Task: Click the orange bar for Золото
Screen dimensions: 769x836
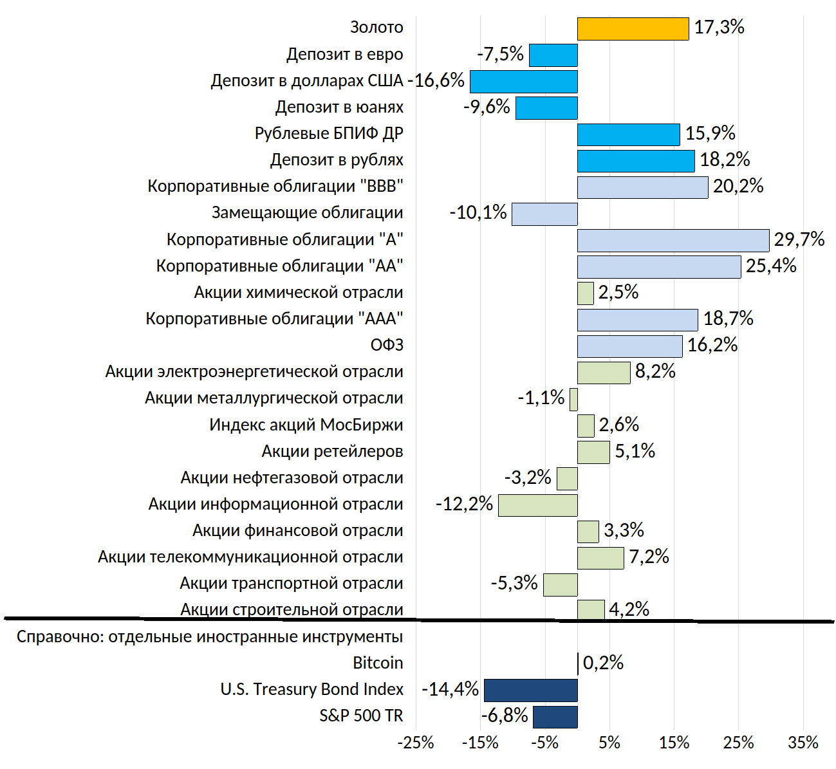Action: (633, 29)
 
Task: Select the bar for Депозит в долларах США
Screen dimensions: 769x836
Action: (523, 82)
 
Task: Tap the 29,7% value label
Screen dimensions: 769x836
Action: (799, 239)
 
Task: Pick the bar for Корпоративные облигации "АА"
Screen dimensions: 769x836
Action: (659, 267)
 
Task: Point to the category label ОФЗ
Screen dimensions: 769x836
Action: (387, 346)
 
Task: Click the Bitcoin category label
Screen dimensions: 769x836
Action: (378, 663)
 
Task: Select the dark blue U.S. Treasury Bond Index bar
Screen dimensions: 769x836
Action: (530, 690)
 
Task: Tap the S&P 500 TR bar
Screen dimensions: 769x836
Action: (555, 717)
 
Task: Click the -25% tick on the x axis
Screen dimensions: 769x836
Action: (416, 743)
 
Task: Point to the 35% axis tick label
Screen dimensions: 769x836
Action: (803, 743)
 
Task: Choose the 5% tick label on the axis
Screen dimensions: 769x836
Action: (609, 743)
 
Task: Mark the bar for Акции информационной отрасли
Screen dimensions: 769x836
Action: (537, 505)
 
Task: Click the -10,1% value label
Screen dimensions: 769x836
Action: (478, 212)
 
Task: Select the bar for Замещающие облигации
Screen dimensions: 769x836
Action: (544, 214)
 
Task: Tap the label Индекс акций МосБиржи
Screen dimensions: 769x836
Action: (306, 425)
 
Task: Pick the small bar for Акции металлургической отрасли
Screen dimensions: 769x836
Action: (573, 400)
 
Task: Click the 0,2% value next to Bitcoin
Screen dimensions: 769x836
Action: (603, 663)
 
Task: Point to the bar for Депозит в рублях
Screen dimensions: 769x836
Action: (636, 161)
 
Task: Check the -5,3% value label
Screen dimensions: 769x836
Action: (514, 583)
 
